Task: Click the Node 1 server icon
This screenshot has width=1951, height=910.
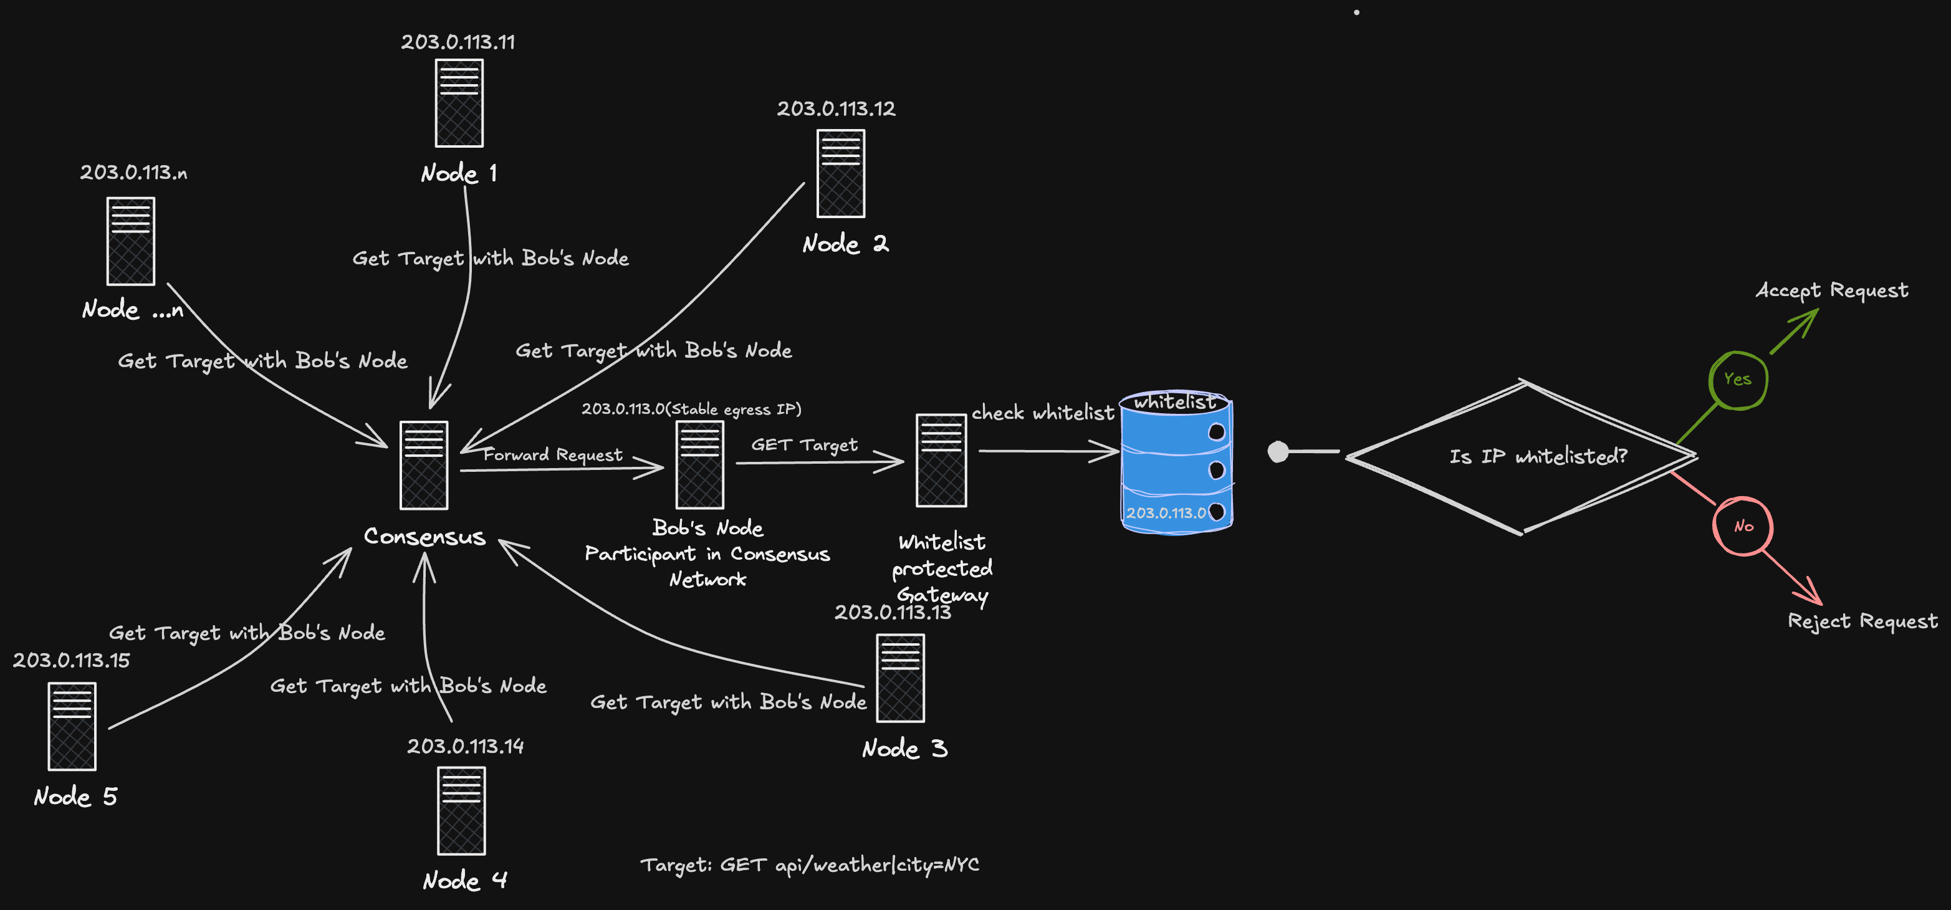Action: (x=459, y=103)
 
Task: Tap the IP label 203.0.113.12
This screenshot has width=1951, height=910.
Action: (x=835, y=109)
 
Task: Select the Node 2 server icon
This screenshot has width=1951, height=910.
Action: (x=841, y=173)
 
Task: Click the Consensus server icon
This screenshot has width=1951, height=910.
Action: (x=423, y=465)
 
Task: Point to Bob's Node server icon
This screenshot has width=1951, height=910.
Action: (x=699, y=464)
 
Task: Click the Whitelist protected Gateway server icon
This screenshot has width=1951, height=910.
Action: (x=941, y=461)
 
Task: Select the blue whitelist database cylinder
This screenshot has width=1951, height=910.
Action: (x=1176, y=462)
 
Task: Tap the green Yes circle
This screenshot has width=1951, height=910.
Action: (x=1737, y=380)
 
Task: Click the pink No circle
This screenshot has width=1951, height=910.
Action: (x=1743, y=526)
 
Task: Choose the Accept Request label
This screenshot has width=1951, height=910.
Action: (x=1831, y=290)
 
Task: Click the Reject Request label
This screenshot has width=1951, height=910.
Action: (x=1862, y=621)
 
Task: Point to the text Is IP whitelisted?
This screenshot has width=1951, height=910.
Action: (x=1538, y=456)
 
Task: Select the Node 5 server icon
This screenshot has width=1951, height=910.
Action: (x=72, y=726)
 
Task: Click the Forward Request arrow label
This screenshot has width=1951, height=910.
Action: (x=553, y=454)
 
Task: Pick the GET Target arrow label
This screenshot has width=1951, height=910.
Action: (x=804, y=444)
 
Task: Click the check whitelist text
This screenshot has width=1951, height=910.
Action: (x=1042, y=413)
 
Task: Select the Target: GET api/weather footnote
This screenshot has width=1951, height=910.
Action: (x=809, y=865)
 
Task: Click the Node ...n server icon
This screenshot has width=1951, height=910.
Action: (x=130, y=241)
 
